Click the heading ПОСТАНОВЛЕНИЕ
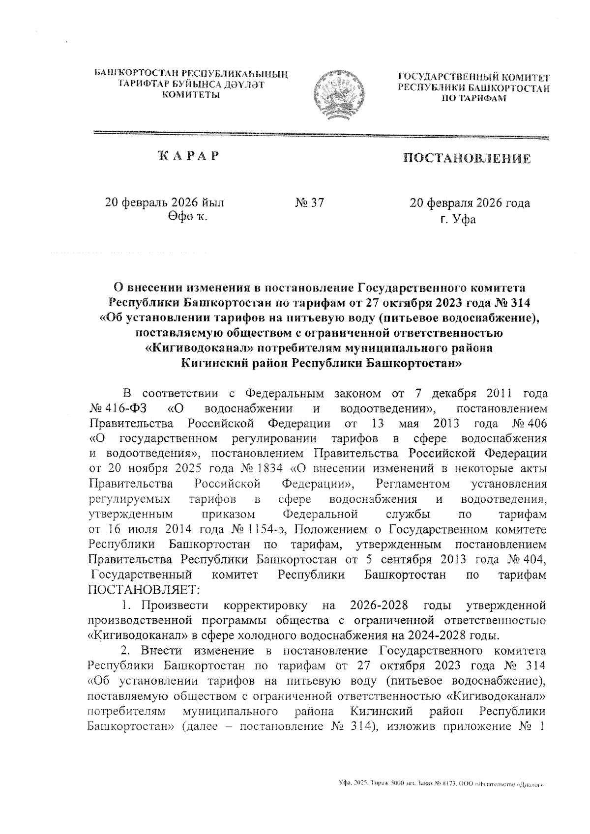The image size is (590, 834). click(467, 159)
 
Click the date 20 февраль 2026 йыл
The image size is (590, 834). click(165, 202)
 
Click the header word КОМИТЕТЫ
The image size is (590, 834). click(191, 94)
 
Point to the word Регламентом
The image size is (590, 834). click(412, 484)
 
